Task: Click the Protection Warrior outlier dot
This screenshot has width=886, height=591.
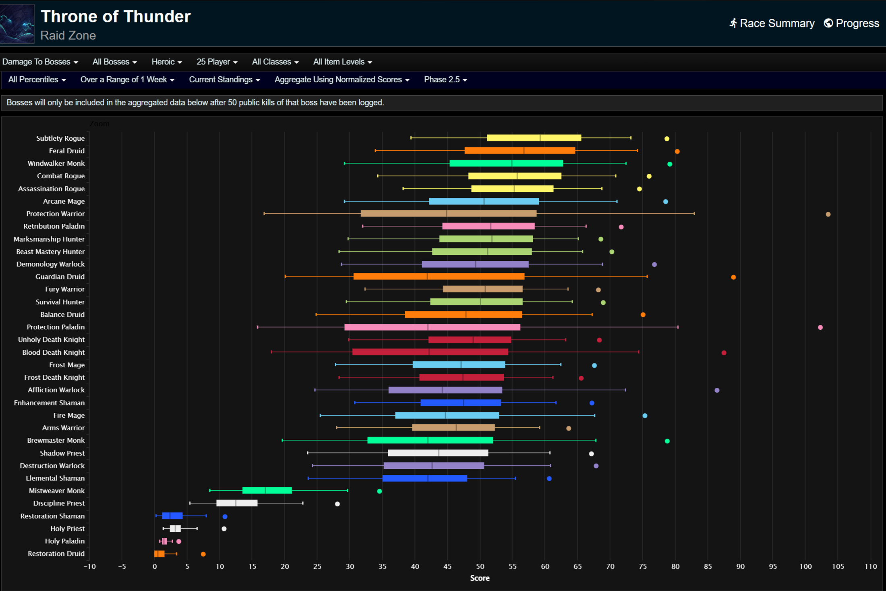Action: tap(828, 214)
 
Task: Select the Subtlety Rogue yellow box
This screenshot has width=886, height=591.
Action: tap(534, 138)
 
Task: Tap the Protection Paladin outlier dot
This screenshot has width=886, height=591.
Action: tap(820, 327)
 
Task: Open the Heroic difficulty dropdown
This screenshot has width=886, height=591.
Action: tap(167, 62)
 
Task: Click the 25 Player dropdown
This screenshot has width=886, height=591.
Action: tap(217, 62)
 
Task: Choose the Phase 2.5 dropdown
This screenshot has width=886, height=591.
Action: tap(445, 79)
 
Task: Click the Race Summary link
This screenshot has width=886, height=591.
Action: tap(772, 23)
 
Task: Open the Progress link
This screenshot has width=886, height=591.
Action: tap(851, 23)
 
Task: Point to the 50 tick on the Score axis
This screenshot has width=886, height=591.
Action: tap(480, 566)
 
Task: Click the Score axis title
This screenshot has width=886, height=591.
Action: tap(480, 578)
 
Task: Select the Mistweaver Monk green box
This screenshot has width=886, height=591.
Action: tap(267, 490)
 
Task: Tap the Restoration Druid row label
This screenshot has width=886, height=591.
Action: tap(56, 554)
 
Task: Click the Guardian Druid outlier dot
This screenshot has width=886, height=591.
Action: tap(733, 277)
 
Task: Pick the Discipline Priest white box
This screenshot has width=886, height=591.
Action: tap(237, 503)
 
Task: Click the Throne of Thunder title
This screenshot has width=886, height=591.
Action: tap(116, 17)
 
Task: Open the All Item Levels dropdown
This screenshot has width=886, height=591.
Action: tap(342, 62)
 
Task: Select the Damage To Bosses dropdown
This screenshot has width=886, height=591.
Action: tap(40, 62)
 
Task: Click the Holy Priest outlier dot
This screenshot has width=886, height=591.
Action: tap(224, 529)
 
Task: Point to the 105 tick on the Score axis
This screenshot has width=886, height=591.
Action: tap(838, 566)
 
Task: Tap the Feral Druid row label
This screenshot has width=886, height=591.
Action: tap(66, 151)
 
